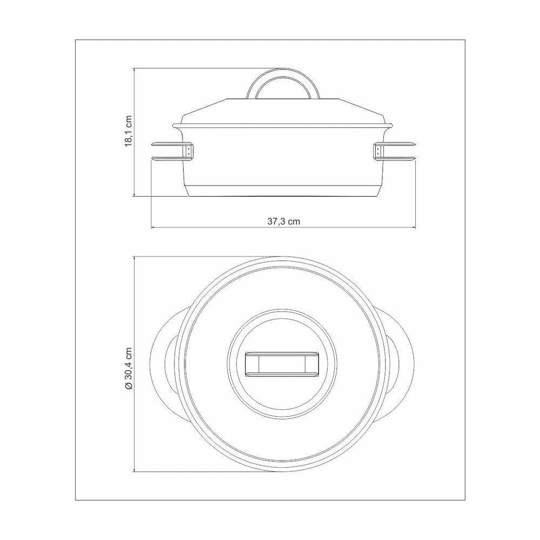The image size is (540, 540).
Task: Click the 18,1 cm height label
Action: (x=129, y=131)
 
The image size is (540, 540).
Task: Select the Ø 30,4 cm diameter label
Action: (x=129, y=368)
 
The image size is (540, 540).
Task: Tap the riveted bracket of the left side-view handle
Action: (x=189, y=151)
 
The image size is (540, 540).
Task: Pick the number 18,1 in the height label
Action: (x=129, y=136)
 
